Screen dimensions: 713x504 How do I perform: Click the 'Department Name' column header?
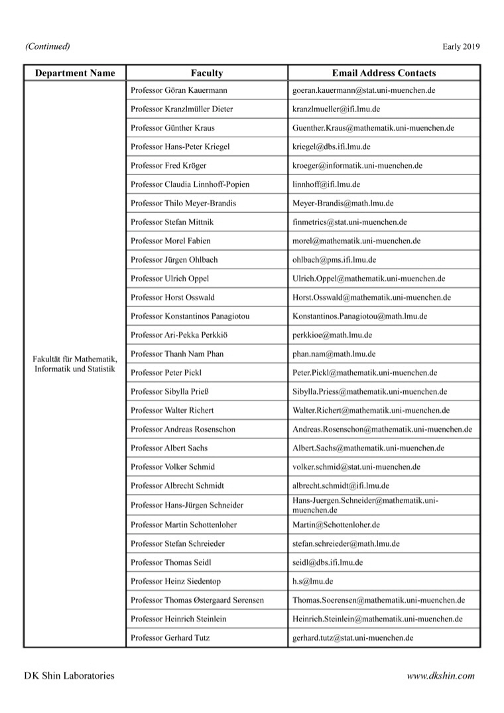[74, 73]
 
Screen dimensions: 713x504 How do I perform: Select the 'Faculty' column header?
[206, 73]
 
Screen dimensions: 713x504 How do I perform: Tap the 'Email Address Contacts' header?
[384, 73]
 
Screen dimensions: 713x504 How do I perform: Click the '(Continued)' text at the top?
[47, 46]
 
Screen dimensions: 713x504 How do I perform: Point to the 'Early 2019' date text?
[461, 46]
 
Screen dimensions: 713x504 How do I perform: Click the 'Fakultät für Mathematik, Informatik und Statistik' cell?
[74, 363]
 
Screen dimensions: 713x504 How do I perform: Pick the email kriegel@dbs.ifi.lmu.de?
[331, 147]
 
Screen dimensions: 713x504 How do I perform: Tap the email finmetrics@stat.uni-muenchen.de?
[349, 222]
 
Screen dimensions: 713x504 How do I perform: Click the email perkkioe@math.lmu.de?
[332, 336]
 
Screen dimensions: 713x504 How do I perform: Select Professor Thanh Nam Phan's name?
[177, 354]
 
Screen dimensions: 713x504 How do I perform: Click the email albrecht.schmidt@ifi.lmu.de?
[341, 486]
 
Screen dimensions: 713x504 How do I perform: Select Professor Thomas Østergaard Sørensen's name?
[197, 600]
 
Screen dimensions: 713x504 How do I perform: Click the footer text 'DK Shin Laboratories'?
[69, 676]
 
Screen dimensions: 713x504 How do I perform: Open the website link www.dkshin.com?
[441, 676]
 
